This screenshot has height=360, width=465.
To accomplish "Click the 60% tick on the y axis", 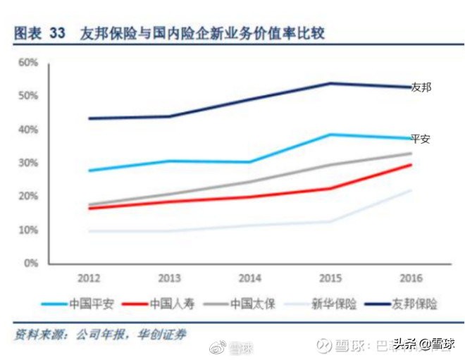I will click(x=28, y=62).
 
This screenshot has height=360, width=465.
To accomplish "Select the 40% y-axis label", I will click(x=28, y=130).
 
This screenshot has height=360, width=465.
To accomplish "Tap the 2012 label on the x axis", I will click(x=88, y=277).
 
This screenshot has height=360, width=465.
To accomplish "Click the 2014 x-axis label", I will click(x=250, y=277).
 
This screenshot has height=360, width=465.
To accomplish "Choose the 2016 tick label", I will click(x=411, y=277).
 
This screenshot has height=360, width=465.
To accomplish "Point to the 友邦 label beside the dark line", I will click(x=421, y=87).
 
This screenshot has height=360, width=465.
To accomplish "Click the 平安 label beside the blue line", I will click(x=420, y=139).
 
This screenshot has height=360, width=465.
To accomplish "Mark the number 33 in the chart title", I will click(x=58, y=34).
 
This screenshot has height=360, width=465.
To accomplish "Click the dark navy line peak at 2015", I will click(x=331, y=83).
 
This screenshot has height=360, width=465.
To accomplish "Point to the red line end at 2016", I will click(x=411, y=165).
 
